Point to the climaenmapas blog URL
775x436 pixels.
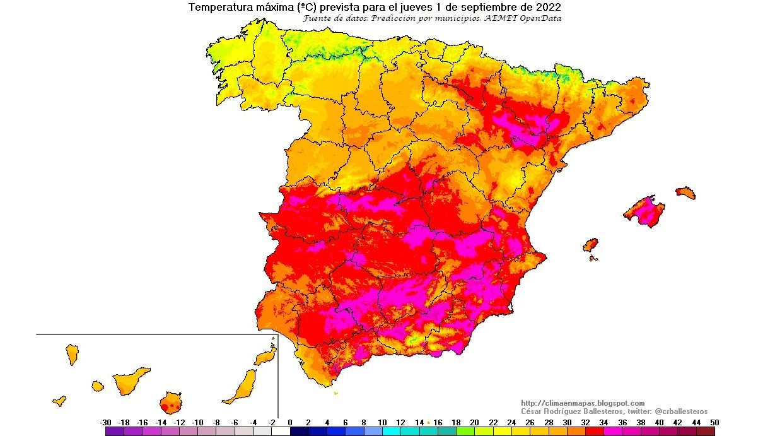pyautogui.click(x=583, y=403)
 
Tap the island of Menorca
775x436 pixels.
pyautogui.click(x=685, y=192)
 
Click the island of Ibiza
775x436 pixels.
pyautogui.click(x=590, y=244)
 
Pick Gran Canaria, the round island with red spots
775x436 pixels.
pyautogui.click(x=170, y=401)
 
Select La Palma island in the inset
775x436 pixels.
pyautogui.click(x=72, y=354)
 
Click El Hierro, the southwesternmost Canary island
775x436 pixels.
pyautogui.click(x=59, y=400)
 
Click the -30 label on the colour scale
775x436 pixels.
pyautogui.click(x=106, y=422)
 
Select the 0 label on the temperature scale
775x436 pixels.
pyautogui.click(x=290, y=422)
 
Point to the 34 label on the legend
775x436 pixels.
pyautogui.click(x=603, y=422)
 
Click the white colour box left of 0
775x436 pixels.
pyautogui.click(x=281, y=432)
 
